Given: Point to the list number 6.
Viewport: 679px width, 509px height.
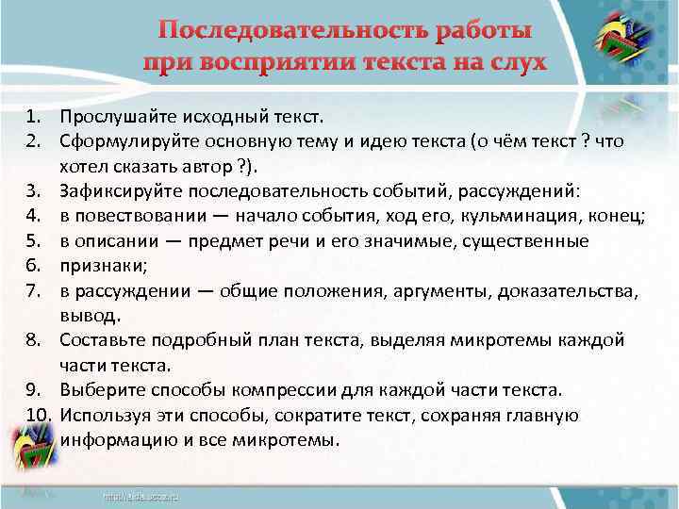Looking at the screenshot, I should [x=34, y=267].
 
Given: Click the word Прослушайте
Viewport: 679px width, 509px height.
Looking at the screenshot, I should [x=110, y=118].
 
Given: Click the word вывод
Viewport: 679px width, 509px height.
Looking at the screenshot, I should [x=89, y=316].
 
